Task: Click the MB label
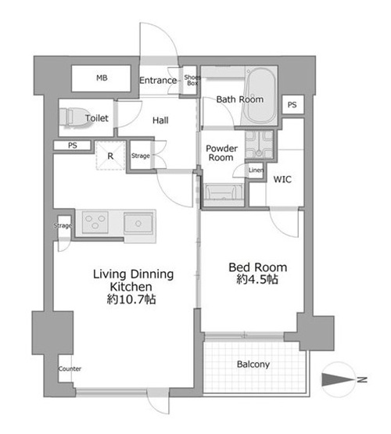point(102,78)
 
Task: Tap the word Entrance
point(158,81)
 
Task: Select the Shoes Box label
point(192,80)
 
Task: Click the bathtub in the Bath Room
point(261,96)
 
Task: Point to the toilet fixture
point(74,118)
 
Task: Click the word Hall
point(160,120)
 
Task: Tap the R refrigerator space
point(110,156)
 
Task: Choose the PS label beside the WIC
point(292,105)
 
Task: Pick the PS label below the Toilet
point(73,145)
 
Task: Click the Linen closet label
point(256,170)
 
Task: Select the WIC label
point(282,179)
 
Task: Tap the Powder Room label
point(221,153)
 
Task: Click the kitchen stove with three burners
point(95,222)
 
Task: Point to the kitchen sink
point(138,223)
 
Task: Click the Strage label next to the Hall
point(141,156)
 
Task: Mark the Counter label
point(70,368)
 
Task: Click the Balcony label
point(253,364)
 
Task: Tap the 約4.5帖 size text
point(257,280)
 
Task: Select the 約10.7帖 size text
point(131,299)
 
